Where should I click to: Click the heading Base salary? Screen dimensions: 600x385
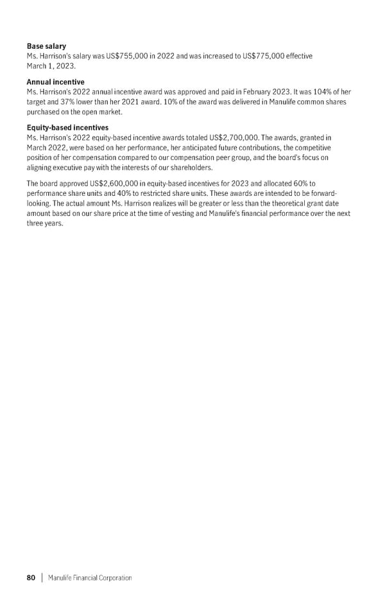(46, 46)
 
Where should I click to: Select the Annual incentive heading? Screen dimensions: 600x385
(55, 82)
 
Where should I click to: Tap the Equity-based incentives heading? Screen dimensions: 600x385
(67, 128)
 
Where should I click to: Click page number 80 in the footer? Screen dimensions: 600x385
(31, 578)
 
